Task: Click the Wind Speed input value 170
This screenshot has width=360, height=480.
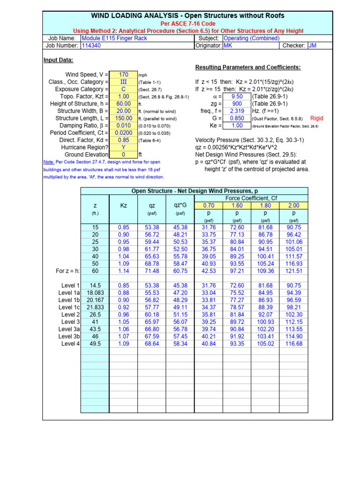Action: pyautogui.click(x=123, y=75)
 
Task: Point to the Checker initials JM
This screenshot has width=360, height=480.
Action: pyautogui.click(x=313, y=45)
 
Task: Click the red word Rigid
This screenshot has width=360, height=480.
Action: pyautogui.click(x=317, y=119)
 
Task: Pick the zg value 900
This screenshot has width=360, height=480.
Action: pyautogui.click(x=237, y=104)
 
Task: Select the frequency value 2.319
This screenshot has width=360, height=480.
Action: pyautogui.click(x=237, y=111)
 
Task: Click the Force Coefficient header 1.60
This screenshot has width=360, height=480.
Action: pyautogui.click(x=237, y=205)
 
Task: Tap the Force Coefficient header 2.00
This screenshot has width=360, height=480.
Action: pyautogui.click(x=293, y=205)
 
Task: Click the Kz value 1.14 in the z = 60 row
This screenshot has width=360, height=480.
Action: pyautogui.click(x=123, y=271)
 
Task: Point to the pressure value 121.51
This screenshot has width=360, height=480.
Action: pyautogui.click(x=294, y=271)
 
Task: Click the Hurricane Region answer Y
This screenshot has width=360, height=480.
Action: pyautogui.click(x=123, y=147)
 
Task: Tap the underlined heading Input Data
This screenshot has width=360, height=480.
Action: pyautogui.click(x=58, y=60)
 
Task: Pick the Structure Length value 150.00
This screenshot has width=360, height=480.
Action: pyautogui.click(x=123, y=118)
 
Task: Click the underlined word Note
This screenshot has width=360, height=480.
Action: pyautogui.click(x=49, y=162)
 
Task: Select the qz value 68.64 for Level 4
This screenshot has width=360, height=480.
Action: pyautogui.click(x=152, y=344)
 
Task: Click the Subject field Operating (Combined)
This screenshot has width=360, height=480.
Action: pyautogui.click(x=252, y=38)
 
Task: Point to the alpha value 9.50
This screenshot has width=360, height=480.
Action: pyautogui.click(x=237, y=97)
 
